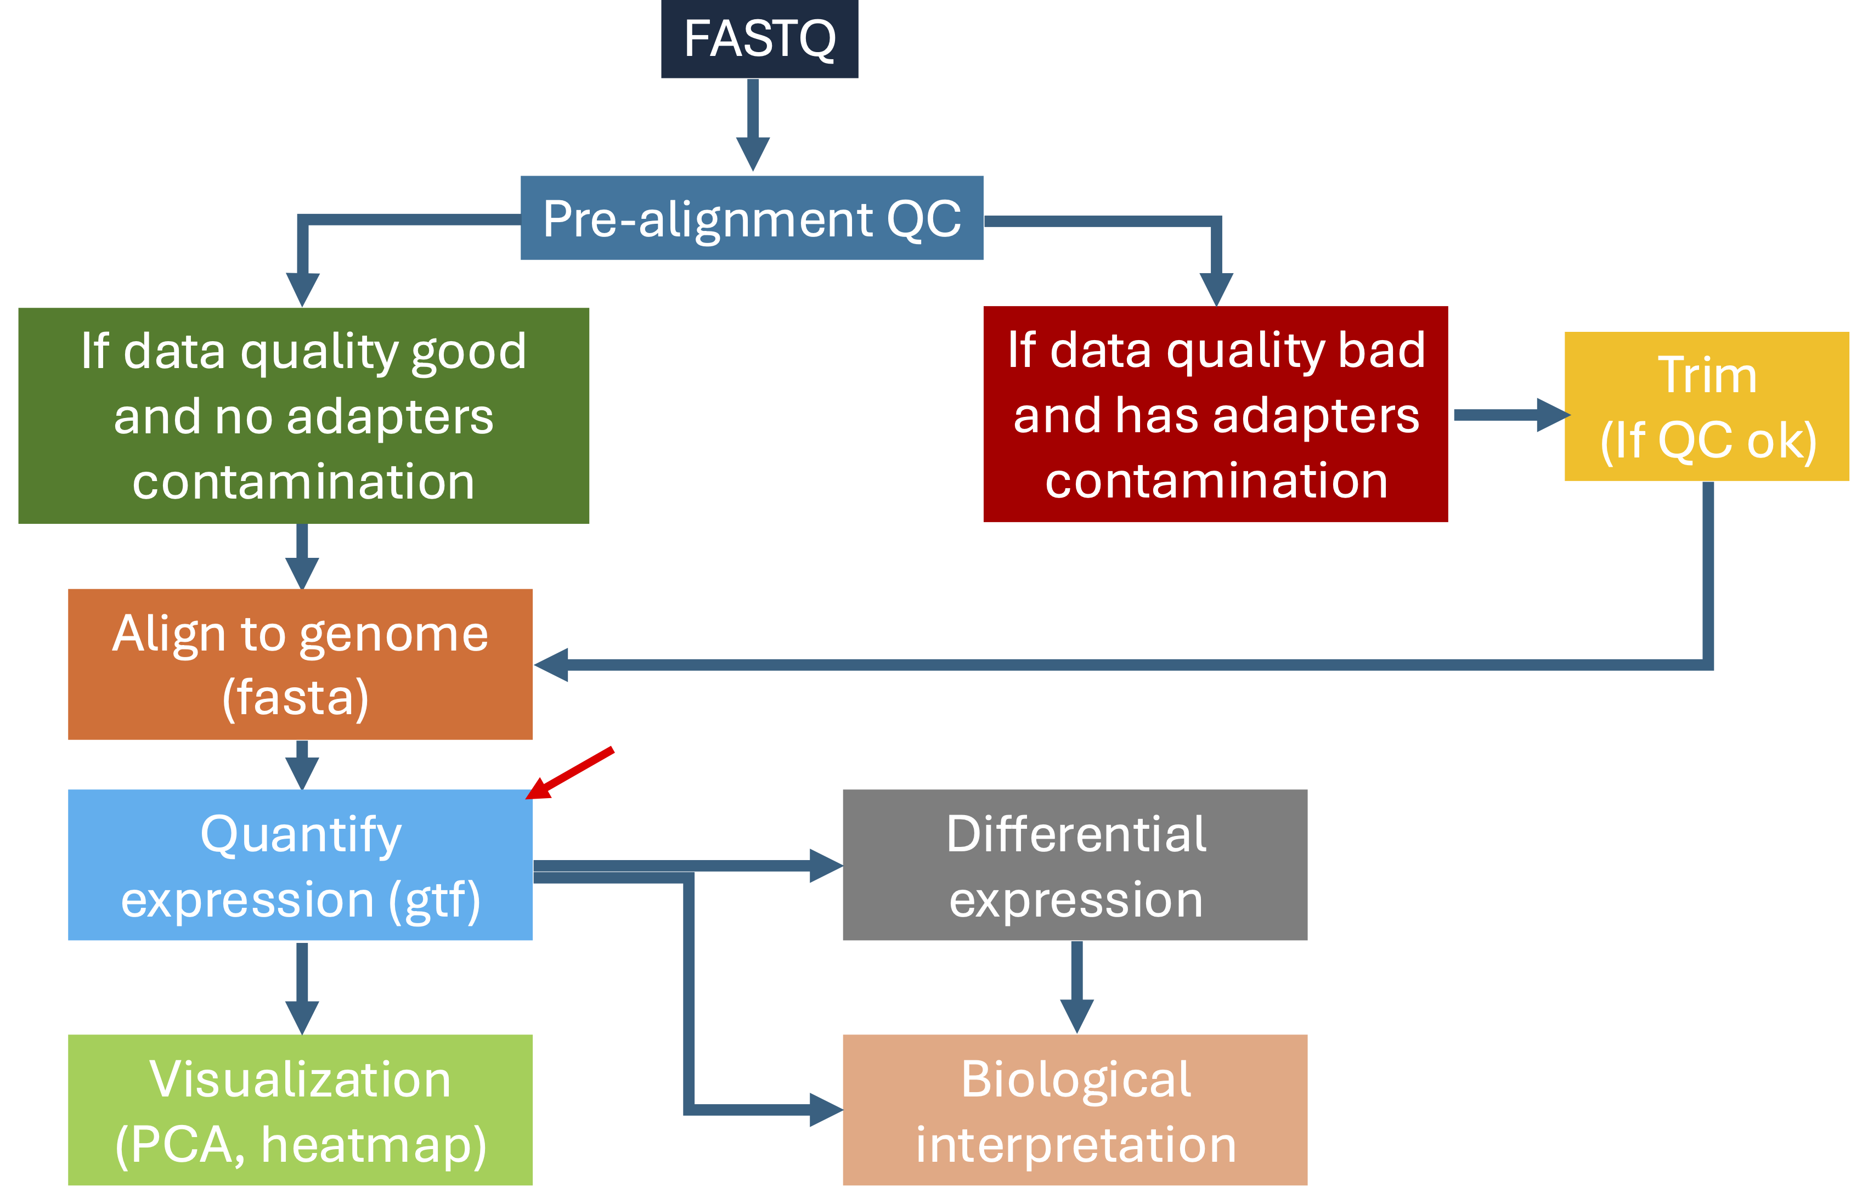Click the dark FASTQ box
[759, 38]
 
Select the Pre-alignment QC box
[752, 218]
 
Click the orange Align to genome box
[300, 664]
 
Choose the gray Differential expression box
[1075, 864]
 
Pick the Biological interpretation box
[1075, 1110]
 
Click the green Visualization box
[300, 1110]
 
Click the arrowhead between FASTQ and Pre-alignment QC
[752, 153]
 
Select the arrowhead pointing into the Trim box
[1552, 415]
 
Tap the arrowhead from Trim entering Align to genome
[552, 665]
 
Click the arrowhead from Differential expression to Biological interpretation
[1076, 1015]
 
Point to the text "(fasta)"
[295, 698]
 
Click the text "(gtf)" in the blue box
[435, 900]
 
